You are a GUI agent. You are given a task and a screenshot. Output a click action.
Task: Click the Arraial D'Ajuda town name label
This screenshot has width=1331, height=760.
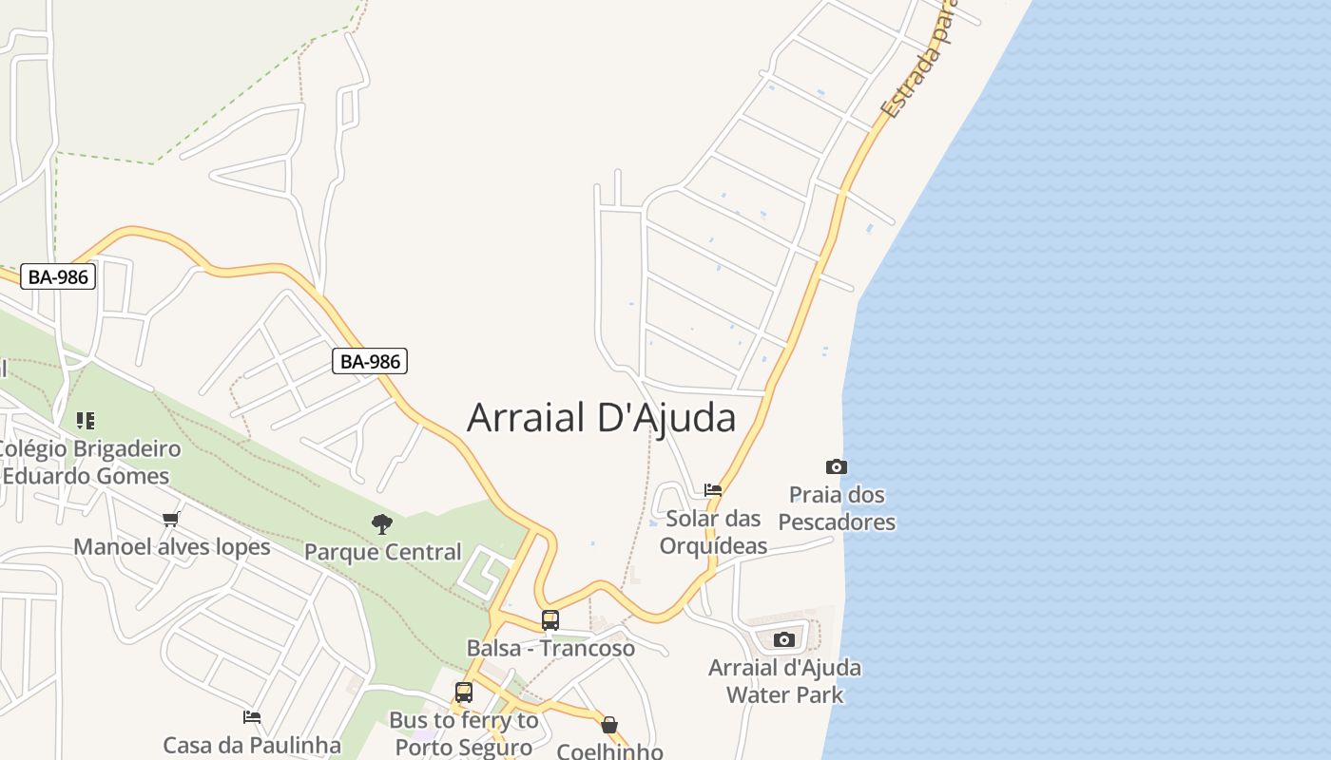tap(601, 418)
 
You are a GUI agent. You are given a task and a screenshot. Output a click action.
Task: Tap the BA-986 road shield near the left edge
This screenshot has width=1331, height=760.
tap(58, 276)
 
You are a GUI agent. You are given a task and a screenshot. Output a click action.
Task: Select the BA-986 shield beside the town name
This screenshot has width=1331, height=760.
tap(371, 361)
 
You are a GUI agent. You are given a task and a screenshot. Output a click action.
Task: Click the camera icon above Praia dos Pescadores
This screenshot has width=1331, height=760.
tap(837, 466)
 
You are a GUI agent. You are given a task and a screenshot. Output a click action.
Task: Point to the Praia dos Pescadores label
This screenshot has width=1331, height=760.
tap(837, 508)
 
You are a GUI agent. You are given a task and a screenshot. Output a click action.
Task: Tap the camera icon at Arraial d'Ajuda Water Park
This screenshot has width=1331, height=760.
tap(783, 639)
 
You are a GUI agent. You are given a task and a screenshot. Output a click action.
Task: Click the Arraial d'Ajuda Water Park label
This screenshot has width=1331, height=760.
tap(784, 681)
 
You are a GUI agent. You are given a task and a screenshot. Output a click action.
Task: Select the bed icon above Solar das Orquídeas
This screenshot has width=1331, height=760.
tap(713, 490)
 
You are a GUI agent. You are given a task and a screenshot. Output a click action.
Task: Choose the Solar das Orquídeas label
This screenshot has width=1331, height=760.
tap(713, 532)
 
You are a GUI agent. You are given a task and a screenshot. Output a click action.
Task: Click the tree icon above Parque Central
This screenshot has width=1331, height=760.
tap(382, 523)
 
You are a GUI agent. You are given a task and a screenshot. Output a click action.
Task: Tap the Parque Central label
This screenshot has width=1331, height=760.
tap(382, 552)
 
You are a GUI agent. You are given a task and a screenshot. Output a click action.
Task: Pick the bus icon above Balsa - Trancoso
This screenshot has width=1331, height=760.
tap(550, 620)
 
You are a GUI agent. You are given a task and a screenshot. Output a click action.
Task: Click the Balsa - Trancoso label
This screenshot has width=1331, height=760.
tap(550, 649)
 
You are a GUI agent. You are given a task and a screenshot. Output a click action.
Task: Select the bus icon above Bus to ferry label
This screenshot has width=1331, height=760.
tap(464, 693)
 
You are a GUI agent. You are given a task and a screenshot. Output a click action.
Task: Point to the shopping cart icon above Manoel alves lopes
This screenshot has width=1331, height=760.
tap(171, 519)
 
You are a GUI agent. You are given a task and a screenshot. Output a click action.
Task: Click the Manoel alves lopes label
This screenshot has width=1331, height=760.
tap(172, 547)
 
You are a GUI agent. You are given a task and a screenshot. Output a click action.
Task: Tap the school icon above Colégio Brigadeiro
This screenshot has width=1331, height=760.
tap(86, 420)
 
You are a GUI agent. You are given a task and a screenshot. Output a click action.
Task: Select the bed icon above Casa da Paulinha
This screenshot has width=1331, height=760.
tap(252, 717)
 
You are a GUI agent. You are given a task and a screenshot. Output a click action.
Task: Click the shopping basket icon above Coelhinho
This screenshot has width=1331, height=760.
tap(609, 725)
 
